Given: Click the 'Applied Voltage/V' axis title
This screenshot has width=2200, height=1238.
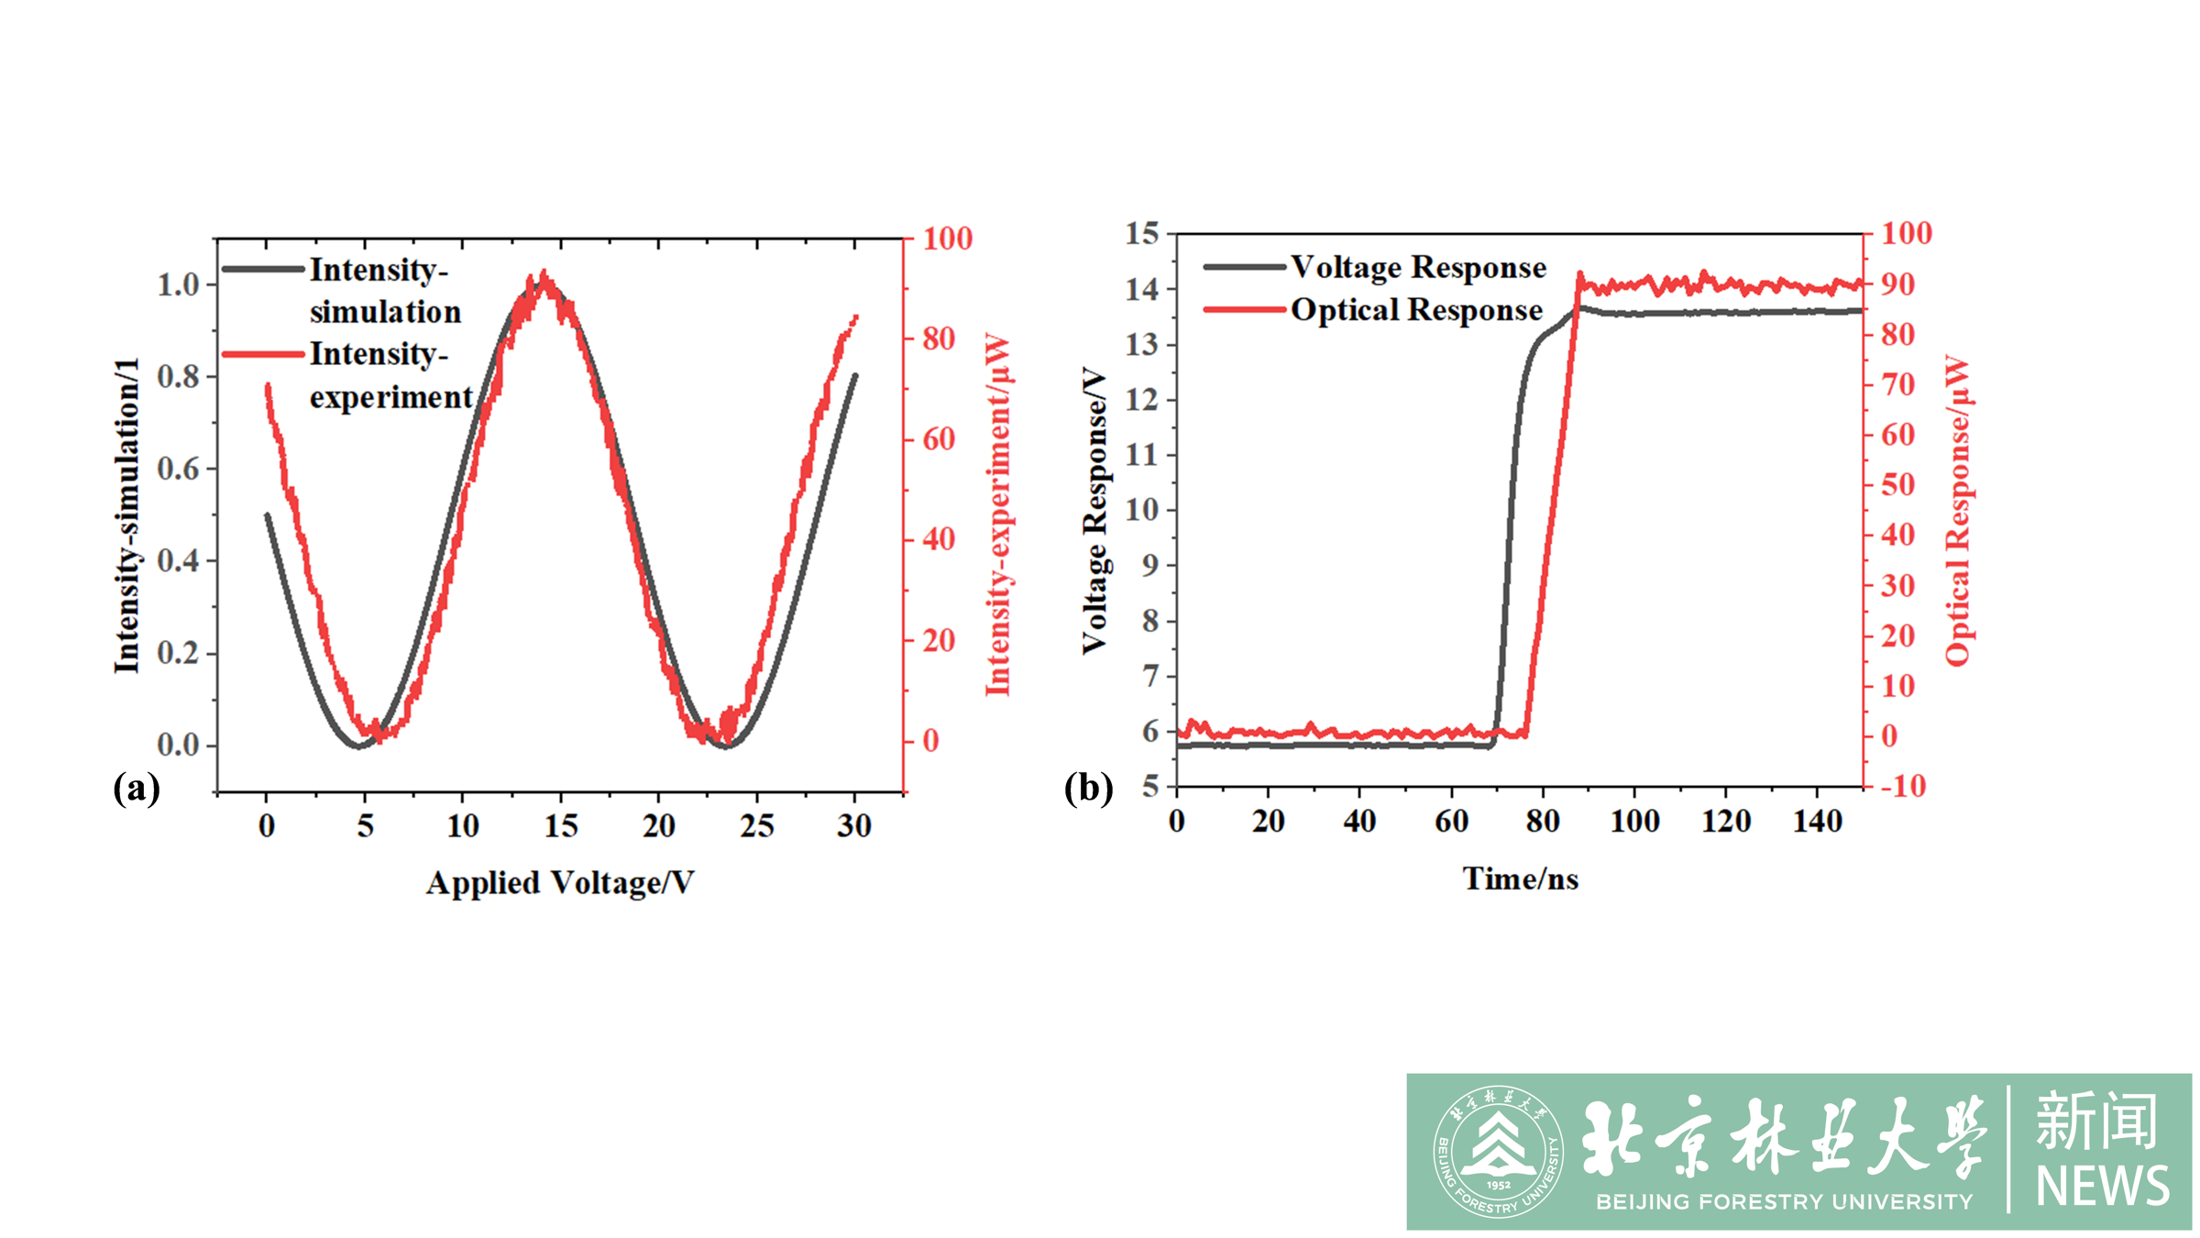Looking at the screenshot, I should pos(560,882).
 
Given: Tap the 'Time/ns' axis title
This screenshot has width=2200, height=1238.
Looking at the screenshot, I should pos(1520,879).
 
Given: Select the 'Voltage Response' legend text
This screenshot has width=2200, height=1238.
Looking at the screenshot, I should pos(1418,267).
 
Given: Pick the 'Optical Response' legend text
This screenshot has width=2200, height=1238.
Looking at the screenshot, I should pos(1416,310).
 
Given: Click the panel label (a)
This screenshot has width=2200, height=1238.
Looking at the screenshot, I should pos(136,788).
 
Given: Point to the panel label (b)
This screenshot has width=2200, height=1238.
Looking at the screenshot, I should pos(1088,788).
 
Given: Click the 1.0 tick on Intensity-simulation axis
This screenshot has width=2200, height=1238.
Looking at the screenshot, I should pos(178,284).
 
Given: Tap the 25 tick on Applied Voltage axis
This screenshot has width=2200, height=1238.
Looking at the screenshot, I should pos(757,826).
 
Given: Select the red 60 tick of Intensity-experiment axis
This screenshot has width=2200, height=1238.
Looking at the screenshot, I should pos(939,439).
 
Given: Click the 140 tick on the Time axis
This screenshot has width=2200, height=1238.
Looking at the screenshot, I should pos(1817,821).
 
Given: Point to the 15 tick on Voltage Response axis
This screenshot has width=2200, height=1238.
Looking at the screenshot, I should pos(1142,234).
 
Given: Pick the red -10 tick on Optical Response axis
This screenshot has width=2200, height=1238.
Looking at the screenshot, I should pos(1903,786).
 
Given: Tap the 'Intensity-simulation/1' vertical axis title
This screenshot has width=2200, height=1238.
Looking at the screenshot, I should pos(126,515).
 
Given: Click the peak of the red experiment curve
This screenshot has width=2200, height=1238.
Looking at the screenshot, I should pos(544,273).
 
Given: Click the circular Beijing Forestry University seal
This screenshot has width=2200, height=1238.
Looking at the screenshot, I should pos(1498,1152).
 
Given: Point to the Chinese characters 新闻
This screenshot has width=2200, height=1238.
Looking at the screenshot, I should pos(2097,1121).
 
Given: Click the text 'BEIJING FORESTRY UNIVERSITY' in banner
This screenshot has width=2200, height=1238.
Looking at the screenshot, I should pos(1784,1201).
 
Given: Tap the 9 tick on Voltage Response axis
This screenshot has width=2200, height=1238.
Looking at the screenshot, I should pos(1150,565).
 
